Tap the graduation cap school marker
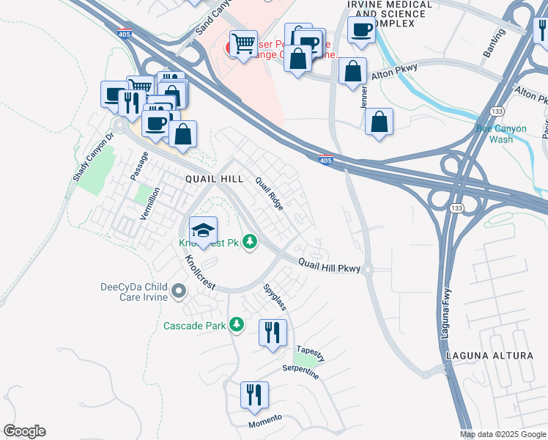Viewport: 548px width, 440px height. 203,230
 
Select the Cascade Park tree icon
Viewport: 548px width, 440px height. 236,323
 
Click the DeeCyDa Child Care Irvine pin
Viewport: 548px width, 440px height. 178,293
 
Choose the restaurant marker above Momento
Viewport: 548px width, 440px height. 254,395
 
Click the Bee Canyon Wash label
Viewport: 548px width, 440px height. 501,133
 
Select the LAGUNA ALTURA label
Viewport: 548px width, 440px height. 489,356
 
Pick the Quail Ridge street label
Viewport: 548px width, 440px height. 268,194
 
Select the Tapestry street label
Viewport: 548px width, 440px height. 310,353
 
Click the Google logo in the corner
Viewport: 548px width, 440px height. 24,431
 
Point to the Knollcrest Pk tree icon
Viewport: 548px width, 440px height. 250,241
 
